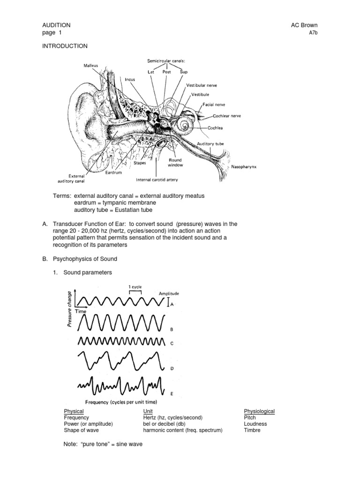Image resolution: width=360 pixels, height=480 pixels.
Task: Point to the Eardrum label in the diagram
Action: point(114,172)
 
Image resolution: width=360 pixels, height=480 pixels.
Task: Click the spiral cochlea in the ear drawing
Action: point(182,124)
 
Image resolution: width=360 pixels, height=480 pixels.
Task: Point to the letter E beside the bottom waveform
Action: point(172,394)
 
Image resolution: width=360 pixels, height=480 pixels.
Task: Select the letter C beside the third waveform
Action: point(172,343)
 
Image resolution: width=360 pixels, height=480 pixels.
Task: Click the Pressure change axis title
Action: point(69,309)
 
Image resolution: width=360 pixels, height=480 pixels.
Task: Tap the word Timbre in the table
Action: point(252,430)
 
